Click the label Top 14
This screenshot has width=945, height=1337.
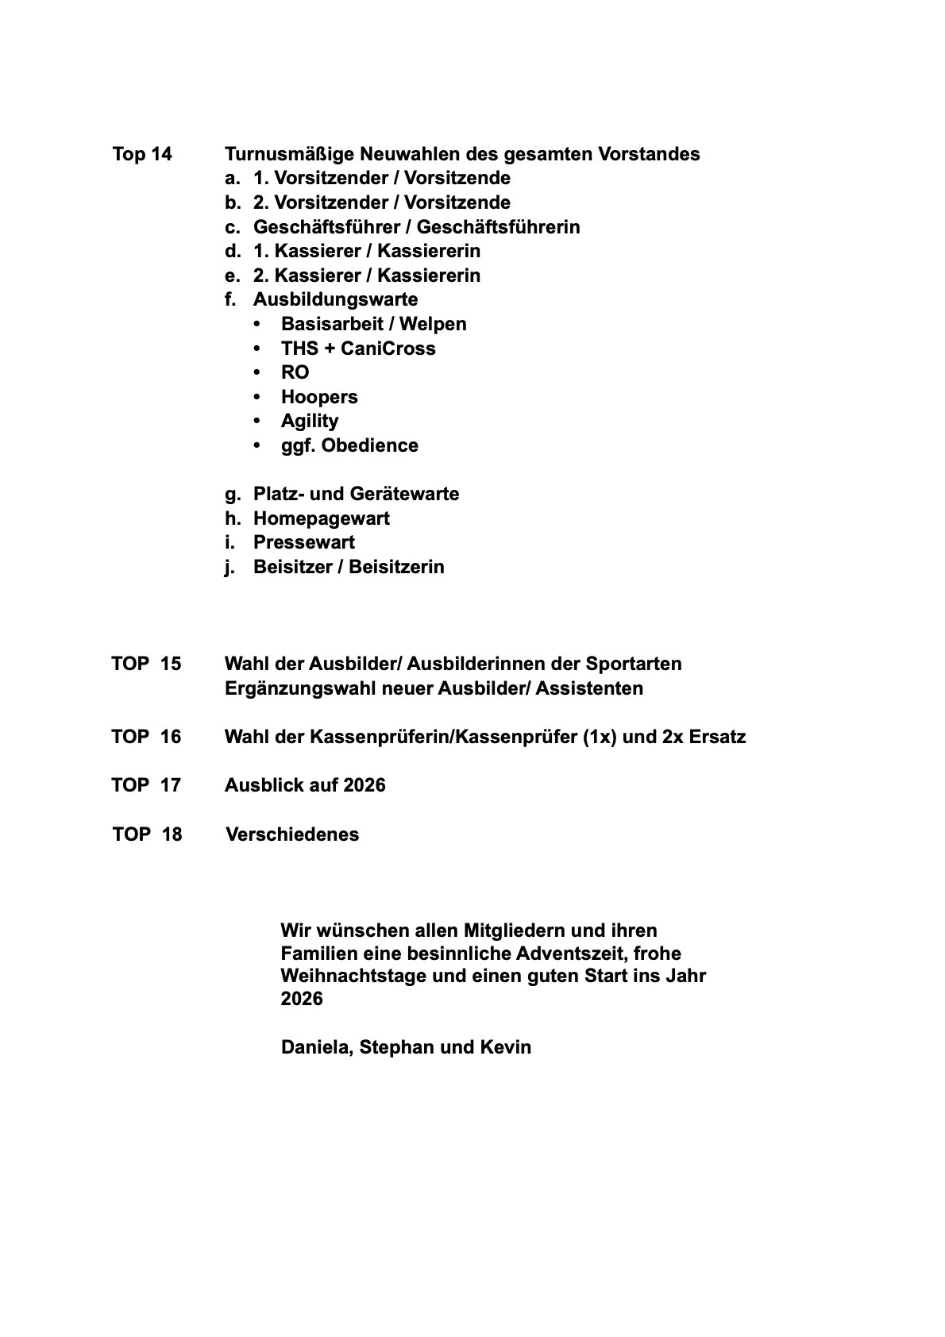point(142,154)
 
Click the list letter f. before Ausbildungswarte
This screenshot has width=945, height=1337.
point(231,299)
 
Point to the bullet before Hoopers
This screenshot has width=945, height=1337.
point(256,397)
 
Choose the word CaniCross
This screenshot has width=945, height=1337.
point(388,349)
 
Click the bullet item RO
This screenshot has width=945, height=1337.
point(295,372)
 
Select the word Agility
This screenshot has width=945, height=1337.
point(310,421)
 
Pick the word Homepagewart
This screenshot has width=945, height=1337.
point(321,518)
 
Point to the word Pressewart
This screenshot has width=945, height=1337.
point(303,542)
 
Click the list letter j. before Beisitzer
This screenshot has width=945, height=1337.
point(230,567)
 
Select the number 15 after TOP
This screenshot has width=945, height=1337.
point(170,664)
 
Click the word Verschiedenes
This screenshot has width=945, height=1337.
point(292,834)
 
